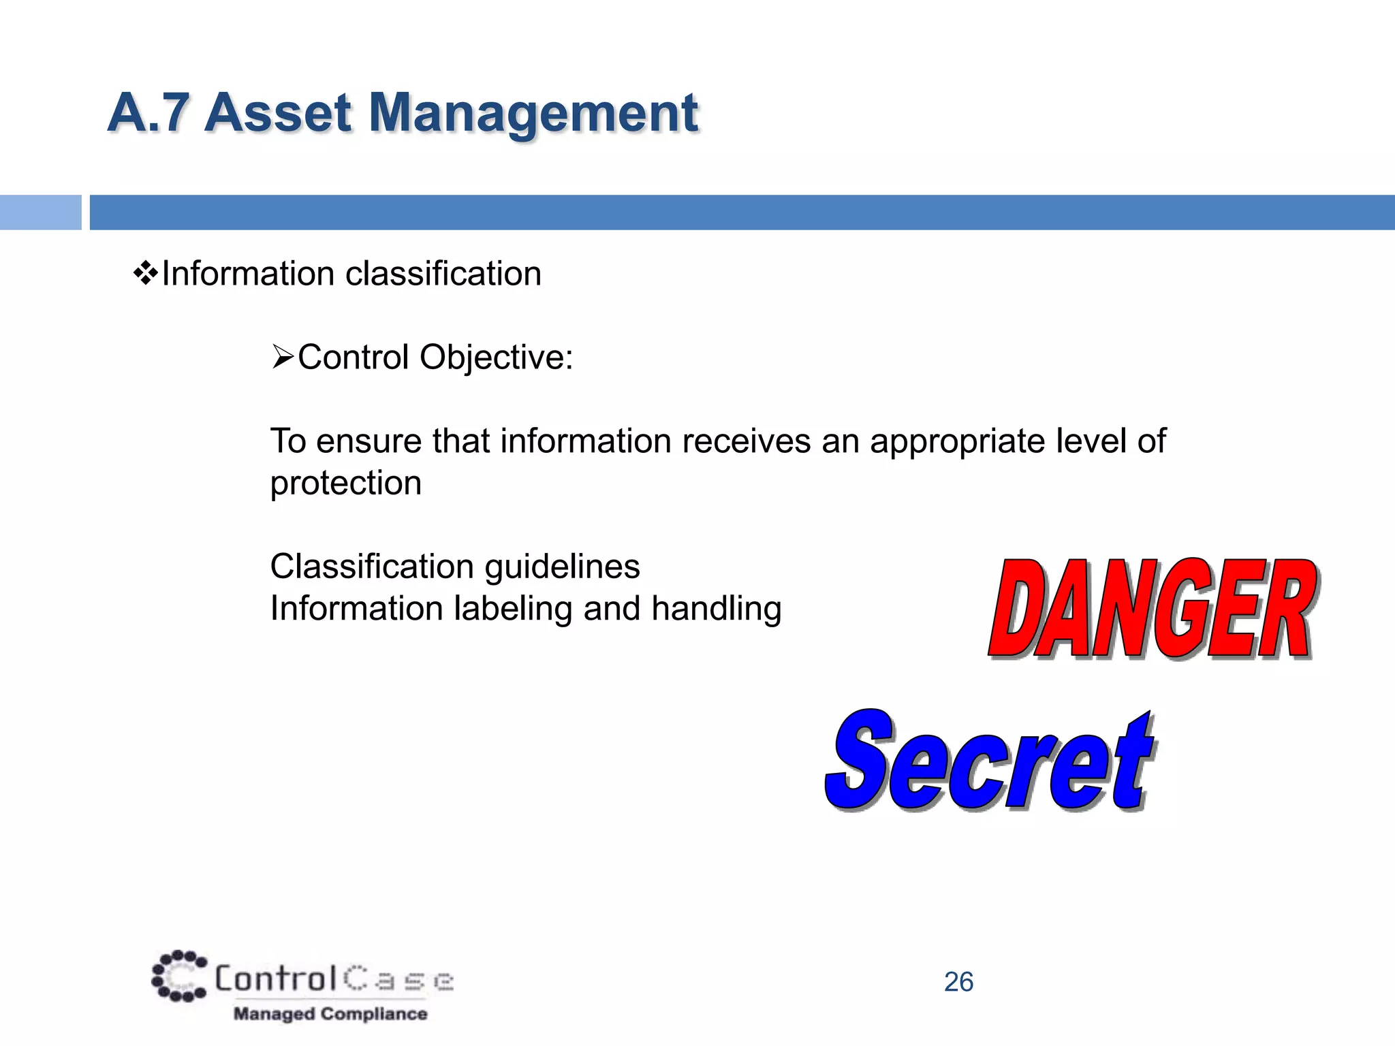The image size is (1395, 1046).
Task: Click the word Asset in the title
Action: pos(278,113)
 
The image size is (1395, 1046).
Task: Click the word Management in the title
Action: pos(533,113)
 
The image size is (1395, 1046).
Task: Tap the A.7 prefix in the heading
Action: pos(148,113)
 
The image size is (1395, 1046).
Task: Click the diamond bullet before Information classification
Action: pos(146,274)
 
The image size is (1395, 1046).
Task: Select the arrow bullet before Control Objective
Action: pos(282,357)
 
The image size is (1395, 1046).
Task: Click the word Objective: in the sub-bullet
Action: pos(497,358)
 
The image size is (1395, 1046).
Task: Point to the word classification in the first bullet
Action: pos(443,274)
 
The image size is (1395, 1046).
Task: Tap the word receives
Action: pos(747,441)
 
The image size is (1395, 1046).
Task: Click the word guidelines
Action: pos(562,567)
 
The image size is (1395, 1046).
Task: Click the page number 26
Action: pos(958,982)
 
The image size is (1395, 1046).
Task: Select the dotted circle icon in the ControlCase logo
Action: pos(178,976)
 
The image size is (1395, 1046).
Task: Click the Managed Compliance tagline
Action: pos(330,1014)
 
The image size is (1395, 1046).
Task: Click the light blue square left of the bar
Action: pos(40,212)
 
